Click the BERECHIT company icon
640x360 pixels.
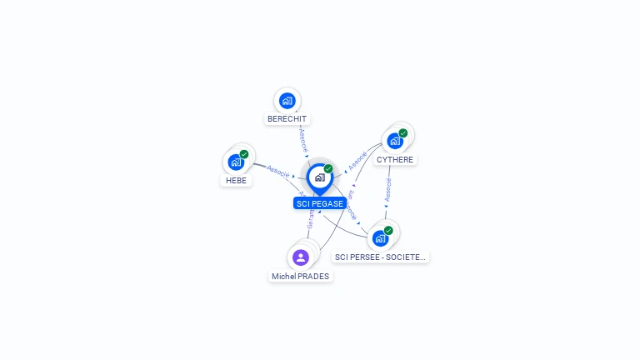[x=287, y=101]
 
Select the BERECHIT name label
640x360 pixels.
[x=287, y=119]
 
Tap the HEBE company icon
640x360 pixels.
[x=236, y=162]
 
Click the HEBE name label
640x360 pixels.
[x=236, y=180]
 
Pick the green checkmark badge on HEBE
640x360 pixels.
[x=244, y=154]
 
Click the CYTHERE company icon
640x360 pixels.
[x=395, y=141]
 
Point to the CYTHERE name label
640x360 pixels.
[x=394, y=159]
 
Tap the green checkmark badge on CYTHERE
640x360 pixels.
[x=403, y=133]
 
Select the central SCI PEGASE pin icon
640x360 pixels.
[x=319, y=177]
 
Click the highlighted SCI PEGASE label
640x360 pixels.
[x=319, y=203]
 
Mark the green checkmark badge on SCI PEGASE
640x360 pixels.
[x=328, y=169]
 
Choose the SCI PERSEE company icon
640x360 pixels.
[x=380, y=238]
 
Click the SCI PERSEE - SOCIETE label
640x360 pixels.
[x=380, y=257]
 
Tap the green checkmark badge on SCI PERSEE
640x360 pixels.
[x=388, y=231]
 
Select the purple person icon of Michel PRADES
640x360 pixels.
[x=301, y=257]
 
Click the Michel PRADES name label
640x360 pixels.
[x=300, y=276]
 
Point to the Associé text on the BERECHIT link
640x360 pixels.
[x=303, y=138]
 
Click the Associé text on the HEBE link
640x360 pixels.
[x=278, y=171]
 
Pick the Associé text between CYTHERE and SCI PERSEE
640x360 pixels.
[x=387, y=189]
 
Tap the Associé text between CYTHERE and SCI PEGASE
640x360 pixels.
[x=357, y=160]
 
